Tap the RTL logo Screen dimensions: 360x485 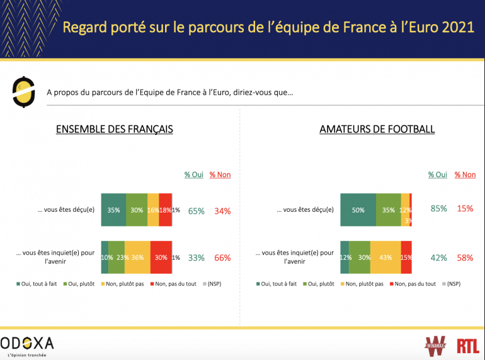click(468, 345)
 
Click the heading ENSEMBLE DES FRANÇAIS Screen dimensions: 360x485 click(114, 129)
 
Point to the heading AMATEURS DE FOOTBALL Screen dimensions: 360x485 click(377, 129)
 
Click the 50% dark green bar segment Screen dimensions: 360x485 click(358, 210)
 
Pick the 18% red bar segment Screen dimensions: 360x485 click(165, 210)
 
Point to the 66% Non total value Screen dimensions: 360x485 click(222, 258)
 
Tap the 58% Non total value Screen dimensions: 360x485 click(465, 258)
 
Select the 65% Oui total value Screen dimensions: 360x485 click(196, 211)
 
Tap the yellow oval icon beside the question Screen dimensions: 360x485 click(23, 92)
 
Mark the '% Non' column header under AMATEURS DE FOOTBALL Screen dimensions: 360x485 click(465, 175)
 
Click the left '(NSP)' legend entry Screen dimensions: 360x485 click(214, 284)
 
